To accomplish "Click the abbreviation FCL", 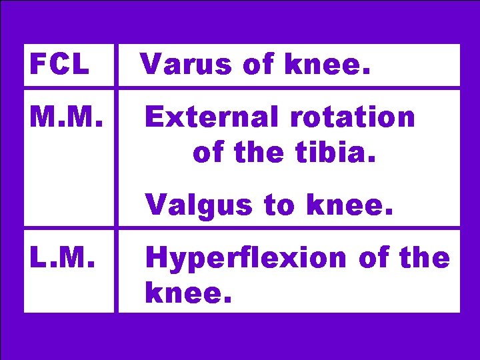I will tap(59, 65).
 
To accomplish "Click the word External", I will tap(204, 117).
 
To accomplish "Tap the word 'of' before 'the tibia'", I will tap(208, 153).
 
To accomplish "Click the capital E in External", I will tap(153, 117).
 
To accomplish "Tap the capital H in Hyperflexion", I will tap(155, 257).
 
